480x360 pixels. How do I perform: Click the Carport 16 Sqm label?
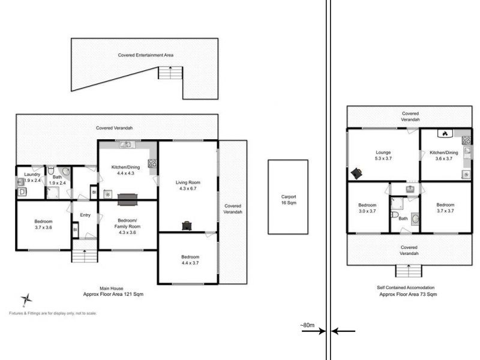[289, 200]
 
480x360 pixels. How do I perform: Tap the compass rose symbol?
[26, 299]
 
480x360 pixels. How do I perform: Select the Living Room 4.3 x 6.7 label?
[188, 185]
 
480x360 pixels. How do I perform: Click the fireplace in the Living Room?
[187, 226]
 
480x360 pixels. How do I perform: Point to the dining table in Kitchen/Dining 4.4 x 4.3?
[128, 200]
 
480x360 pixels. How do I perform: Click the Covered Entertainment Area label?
[146, 55]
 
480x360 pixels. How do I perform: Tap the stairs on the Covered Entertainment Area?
[170, 73]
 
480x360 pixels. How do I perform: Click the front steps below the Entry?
[85, 256]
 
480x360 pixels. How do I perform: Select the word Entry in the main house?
[85, 215]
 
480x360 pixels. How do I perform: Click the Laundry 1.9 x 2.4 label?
[32, 177]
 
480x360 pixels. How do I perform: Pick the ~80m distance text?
[307, 325]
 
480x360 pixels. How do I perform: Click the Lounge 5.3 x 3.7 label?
[383, 155]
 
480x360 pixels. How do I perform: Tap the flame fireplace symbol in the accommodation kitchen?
[445, 133]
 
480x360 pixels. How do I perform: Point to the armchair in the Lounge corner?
[356, 173]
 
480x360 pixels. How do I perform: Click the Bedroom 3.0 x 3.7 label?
[367, 208]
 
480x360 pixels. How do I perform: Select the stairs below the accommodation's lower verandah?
[409, 271]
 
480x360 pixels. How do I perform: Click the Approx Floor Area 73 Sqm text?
[408, 294]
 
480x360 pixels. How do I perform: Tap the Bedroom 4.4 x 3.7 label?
[190, 260]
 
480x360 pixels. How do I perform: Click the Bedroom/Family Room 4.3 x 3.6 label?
[127, 227]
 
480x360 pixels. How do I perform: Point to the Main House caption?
[112, 289]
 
